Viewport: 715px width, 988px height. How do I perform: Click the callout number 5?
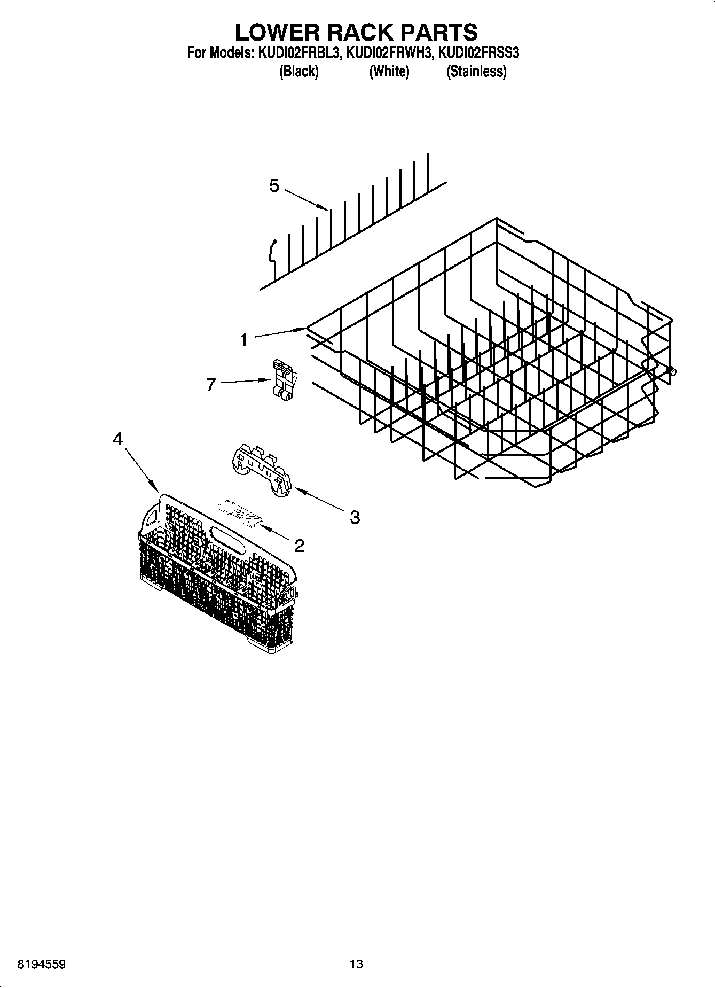274,186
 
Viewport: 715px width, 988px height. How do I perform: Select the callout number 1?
243,339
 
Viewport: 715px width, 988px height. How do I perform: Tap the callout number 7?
211,384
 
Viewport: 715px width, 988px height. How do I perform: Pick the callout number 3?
355,517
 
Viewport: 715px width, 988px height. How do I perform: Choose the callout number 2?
299,545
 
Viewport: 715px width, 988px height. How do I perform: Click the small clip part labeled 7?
283,378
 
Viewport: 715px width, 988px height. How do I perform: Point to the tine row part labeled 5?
352,224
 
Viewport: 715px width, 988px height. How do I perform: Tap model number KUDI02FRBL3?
299,53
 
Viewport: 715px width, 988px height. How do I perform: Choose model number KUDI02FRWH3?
388,53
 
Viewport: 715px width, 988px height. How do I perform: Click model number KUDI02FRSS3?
478,53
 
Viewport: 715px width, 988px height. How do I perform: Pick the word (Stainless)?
476,71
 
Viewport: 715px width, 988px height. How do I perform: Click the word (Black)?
298,71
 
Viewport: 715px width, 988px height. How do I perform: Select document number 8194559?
42,964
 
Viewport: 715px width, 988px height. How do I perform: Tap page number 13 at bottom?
356,964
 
